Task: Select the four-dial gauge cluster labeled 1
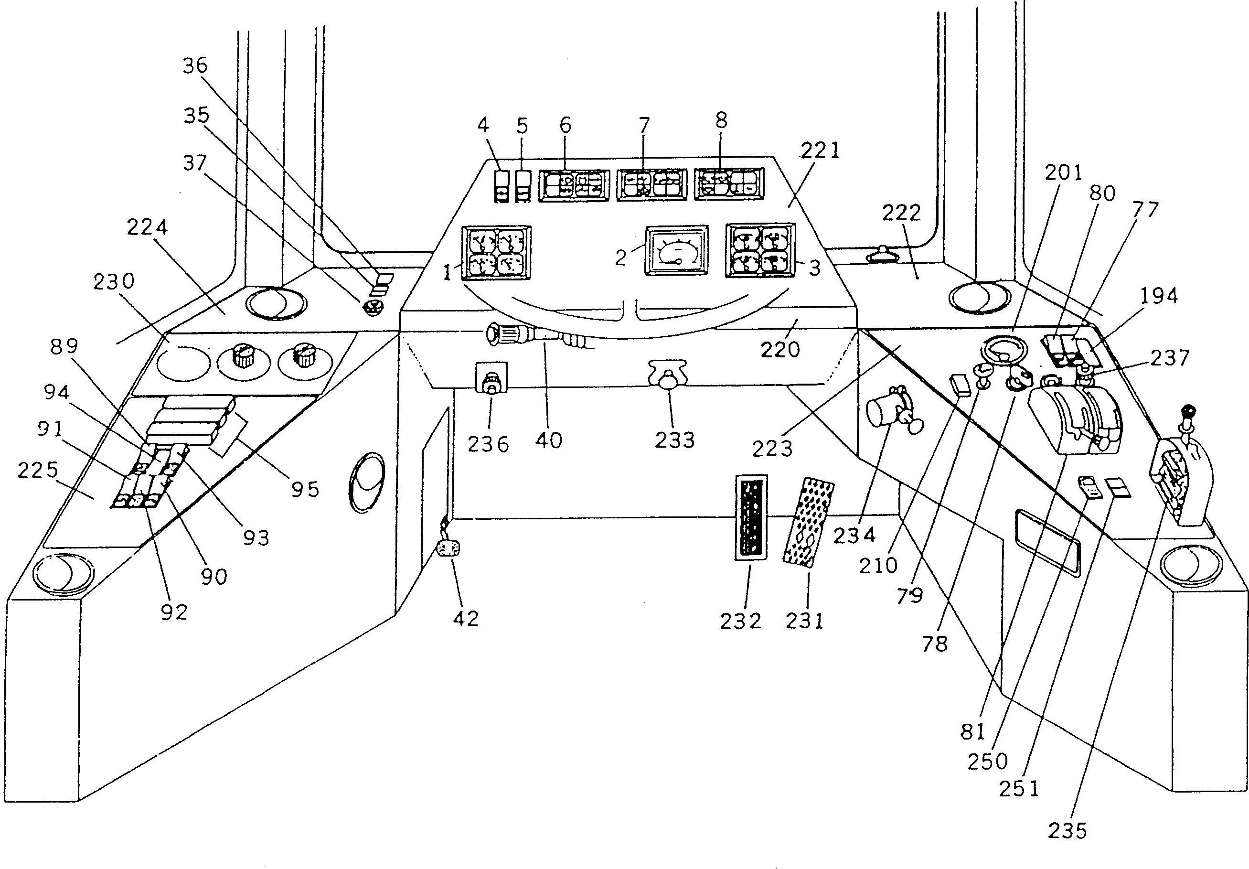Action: [x=496, y=253]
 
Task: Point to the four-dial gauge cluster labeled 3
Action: [x=760, y=250]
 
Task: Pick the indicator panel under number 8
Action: [x=729, y=184]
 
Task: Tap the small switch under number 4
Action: [x=502, y=187]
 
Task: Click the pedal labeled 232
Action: [x=751, y=516]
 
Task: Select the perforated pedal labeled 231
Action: [x=808, y=522]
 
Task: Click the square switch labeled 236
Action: [x=492, y=377]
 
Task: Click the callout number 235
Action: [x=1068, y=831]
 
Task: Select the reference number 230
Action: [x=114, y=282]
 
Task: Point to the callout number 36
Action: [x=195, y=65]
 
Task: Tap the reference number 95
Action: [x=305, y=490]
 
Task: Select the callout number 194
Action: [x=1159, y=296]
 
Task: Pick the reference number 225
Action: [x=38, y=470]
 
